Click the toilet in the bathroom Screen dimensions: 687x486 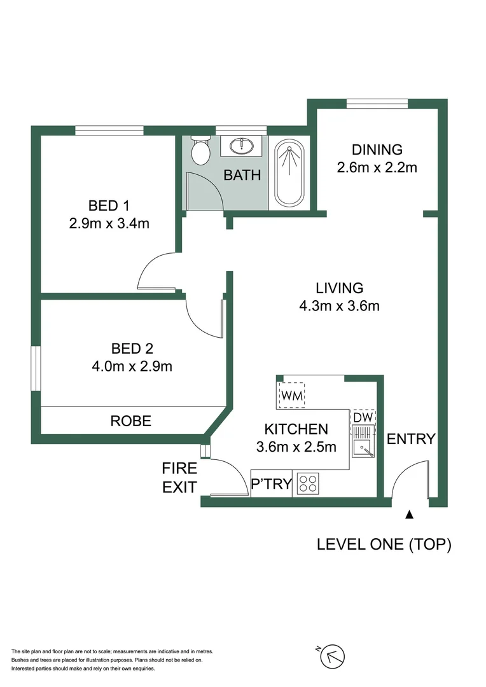point(201,151)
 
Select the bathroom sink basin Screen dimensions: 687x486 point(242,146)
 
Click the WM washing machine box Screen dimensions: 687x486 point(292,396)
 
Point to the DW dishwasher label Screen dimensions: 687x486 point(363,417)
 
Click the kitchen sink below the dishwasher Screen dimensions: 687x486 point(364,449)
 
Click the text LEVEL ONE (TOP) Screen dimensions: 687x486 point(384,545)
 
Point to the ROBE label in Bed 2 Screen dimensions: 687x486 point(131,421)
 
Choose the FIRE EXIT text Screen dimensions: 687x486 point(180,478)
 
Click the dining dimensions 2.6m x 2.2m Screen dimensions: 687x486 point(377,168)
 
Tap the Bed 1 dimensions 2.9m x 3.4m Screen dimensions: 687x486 point(109,223)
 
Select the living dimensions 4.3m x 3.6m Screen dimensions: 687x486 point(339,306)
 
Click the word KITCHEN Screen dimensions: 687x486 point(296,429)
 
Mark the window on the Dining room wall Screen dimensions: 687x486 point(377,102)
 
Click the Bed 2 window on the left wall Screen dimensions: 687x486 point(36,368)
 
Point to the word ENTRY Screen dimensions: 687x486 point(411,439)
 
